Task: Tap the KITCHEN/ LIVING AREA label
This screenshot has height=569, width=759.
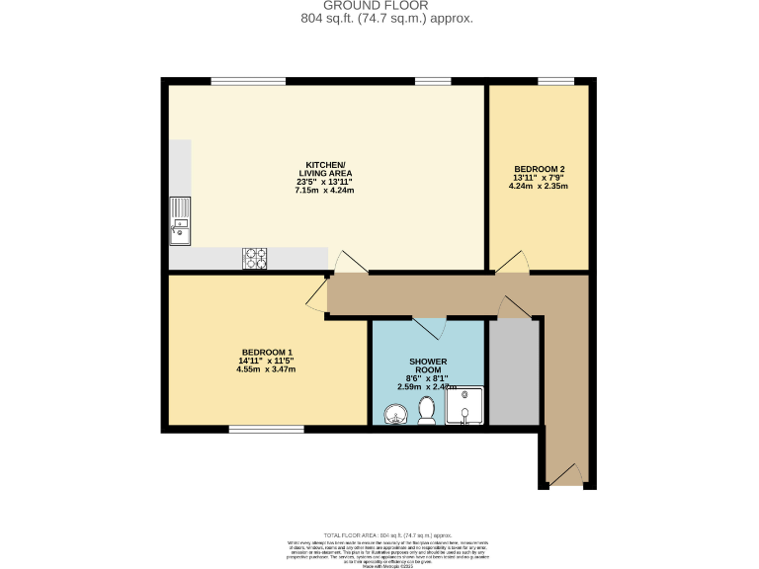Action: (x=324, y=168)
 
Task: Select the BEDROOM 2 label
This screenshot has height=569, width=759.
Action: (x=539, y=168)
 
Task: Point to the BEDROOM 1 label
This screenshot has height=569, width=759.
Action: (x=267, y=353)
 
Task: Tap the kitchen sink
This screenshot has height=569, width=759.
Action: (x=180, y=220)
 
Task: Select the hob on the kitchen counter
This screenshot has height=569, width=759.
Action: (x=255, y=258)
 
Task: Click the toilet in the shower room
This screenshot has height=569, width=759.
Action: (x=427, y=410)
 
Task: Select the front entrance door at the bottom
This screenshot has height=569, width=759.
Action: (x=565, y=478)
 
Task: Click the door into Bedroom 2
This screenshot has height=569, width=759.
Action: (x=512, y=263)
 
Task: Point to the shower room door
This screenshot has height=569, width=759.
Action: (x=429, y=327)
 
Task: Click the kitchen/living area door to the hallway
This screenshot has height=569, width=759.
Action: (x=351, y=262)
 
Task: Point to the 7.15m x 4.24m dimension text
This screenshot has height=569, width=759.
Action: (x=324, y=190)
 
